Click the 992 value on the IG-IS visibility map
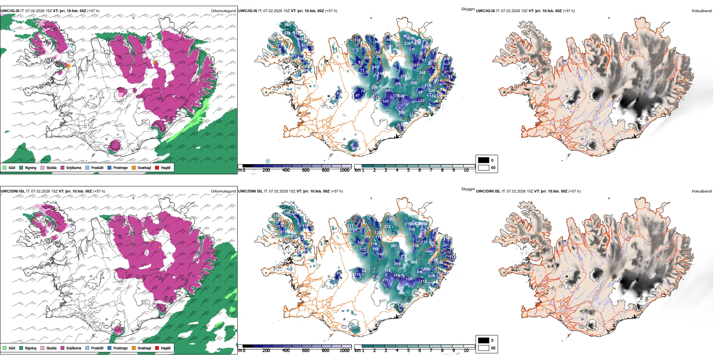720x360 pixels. [288, 25]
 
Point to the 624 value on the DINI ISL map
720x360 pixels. [414, 262]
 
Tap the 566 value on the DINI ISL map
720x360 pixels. [402, 293]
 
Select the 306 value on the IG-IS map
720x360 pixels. [402, 113]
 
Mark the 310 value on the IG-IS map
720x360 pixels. [413, 83]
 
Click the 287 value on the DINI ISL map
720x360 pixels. [394, 246]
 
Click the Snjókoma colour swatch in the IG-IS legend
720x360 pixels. [63, 167]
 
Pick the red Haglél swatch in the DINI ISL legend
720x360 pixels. [157, 348]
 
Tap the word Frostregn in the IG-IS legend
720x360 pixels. [121, 167]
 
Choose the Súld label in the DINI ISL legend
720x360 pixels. [12, 348]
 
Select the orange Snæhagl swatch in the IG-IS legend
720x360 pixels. [134, 167]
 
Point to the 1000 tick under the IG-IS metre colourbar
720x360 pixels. [344, 170]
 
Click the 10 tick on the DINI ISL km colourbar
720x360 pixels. [466, 351]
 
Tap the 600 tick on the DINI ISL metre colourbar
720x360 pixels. [305, 351]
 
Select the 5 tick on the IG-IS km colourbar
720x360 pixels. [408, 170]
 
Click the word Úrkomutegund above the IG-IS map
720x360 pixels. [223, 11]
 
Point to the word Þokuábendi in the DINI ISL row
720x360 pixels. [702, 191]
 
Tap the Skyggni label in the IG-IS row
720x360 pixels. [468, 9]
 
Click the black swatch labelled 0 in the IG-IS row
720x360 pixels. [484, 160]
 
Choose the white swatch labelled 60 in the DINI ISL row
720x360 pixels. [484, 348]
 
